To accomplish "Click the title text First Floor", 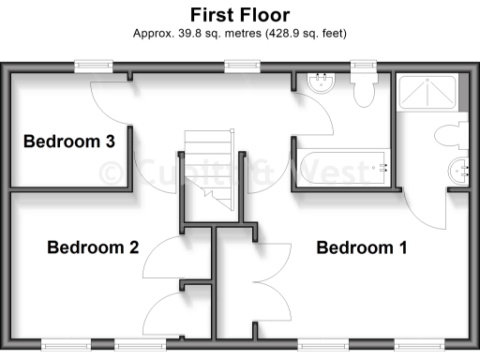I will pos(240,15).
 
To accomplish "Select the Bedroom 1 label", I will pos(361,248).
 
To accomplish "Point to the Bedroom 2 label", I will pos(93,248).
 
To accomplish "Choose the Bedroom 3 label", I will pos(68,142).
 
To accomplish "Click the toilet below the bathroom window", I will pos(363,88).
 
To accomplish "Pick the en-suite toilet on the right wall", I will pos(452,135).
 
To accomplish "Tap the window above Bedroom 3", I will pos(95,67).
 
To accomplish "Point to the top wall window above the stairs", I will pos(242,67).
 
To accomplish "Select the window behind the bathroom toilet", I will pos(363,67).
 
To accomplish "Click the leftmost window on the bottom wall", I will pos(62,343).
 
